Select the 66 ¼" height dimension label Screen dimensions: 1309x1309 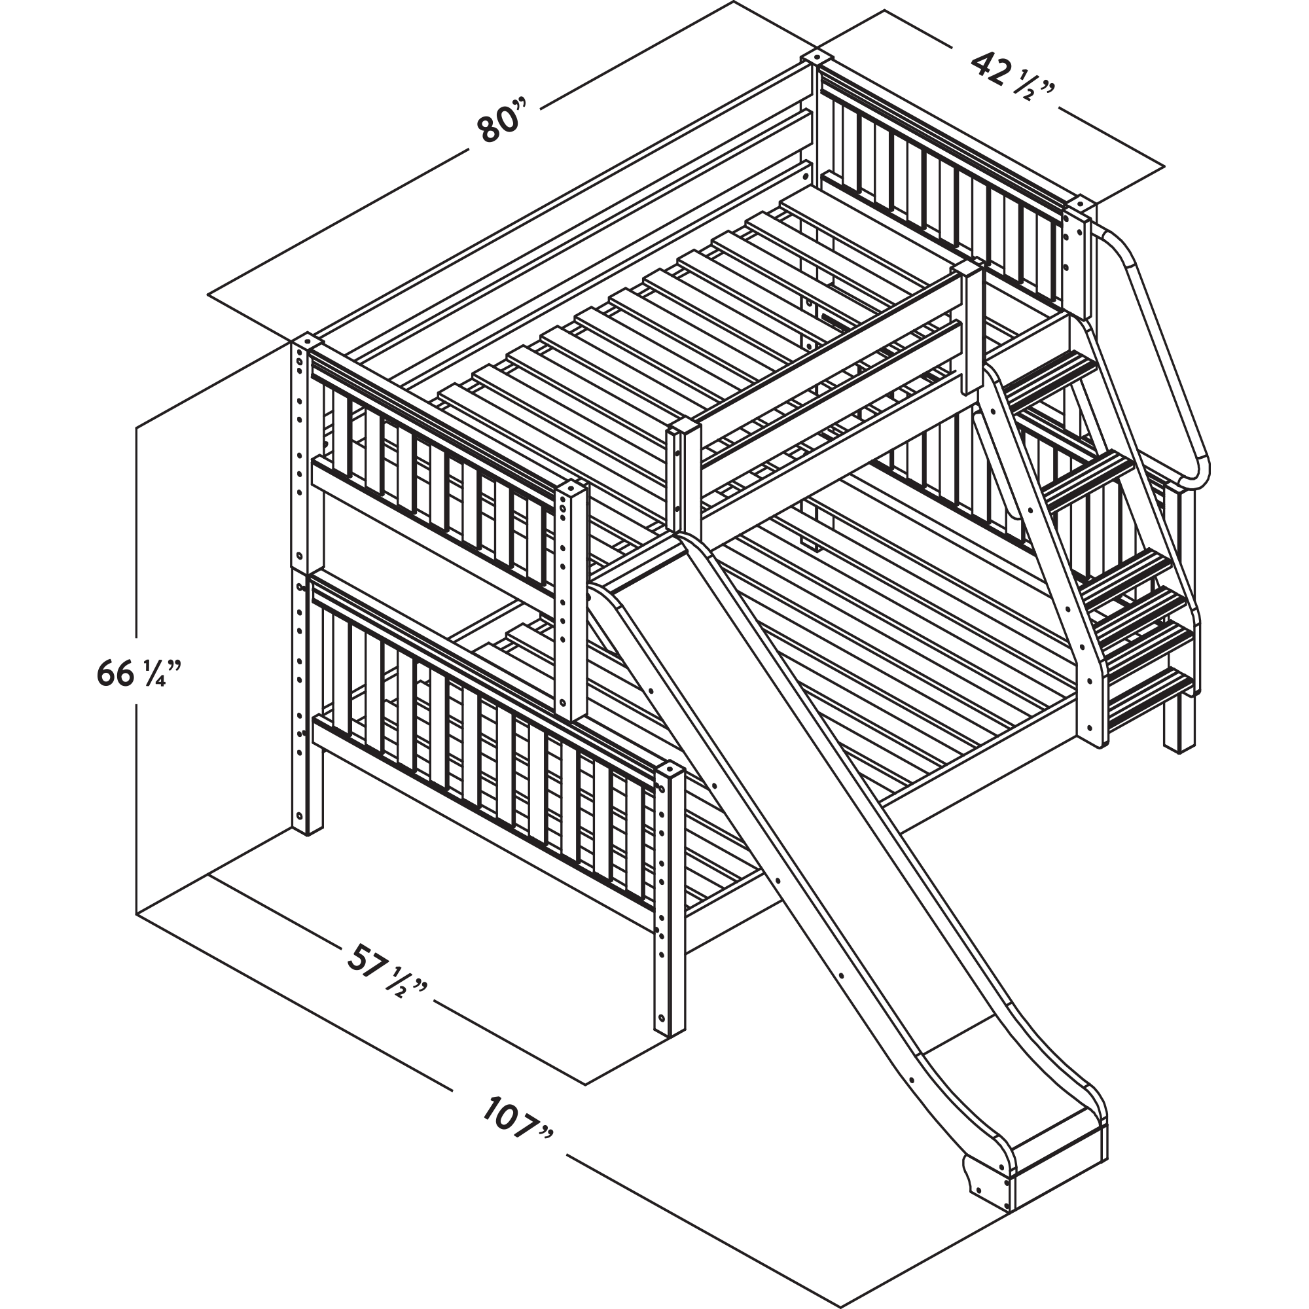139,672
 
